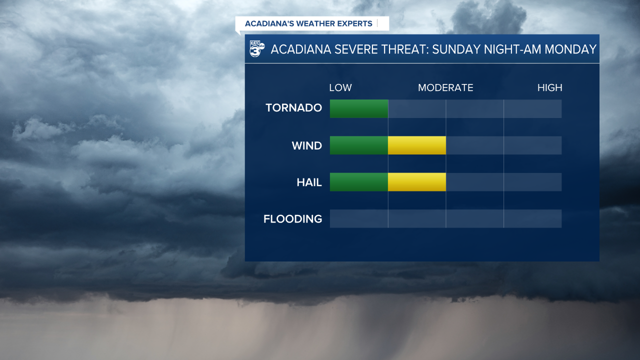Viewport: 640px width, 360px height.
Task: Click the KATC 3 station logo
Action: [x=257, y=49]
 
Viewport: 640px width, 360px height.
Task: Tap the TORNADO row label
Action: [x=293, y=108]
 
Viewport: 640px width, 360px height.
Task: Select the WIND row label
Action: [x=306, y=145]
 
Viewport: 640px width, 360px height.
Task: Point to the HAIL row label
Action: [x=309, y=182]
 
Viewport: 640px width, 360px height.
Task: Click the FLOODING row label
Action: [x=292, y=219]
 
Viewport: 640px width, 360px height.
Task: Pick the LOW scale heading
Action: [x=340, y=88]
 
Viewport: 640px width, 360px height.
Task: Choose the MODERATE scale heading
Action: [x=445, y=88]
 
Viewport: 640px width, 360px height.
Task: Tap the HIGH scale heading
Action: [x=549, y=88]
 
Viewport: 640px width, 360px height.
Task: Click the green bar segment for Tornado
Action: [x=359, y=108]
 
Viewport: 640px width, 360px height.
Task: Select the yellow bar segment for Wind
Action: [x=416, y=145]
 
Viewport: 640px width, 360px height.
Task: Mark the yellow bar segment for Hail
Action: [x=416, y=182]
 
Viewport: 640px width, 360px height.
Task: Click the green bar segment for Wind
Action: [x=359, y=145]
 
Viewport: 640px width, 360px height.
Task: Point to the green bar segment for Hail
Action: [x=359, y=182]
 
